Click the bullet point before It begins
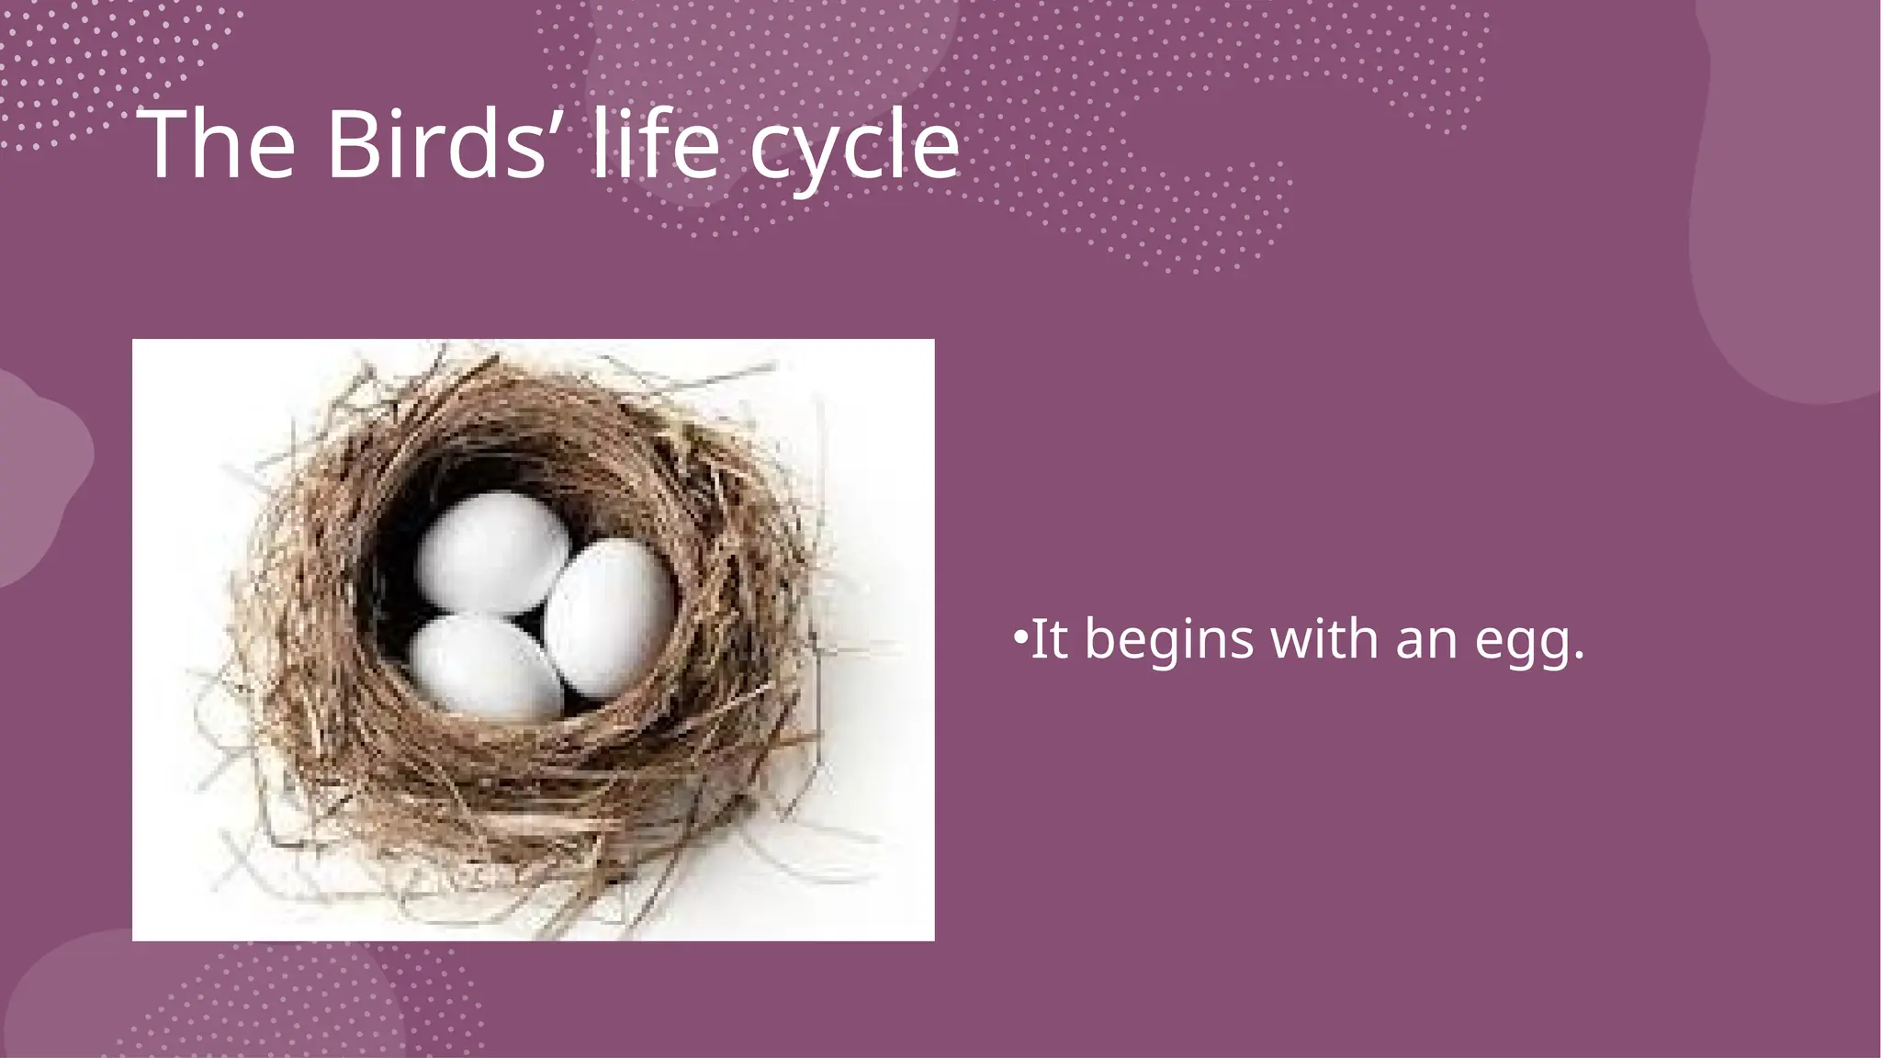point(1019,636)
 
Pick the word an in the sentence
point(1426,640)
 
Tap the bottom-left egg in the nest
point(485,665)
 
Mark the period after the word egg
point(1579,655)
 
